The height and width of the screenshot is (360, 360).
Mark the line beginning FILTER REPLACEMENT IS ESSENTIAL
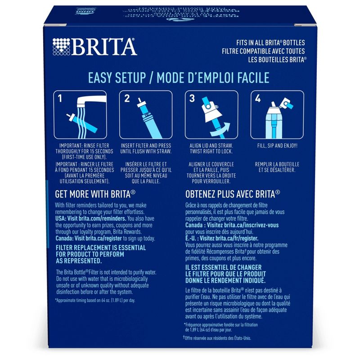[x=100, y=248]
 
